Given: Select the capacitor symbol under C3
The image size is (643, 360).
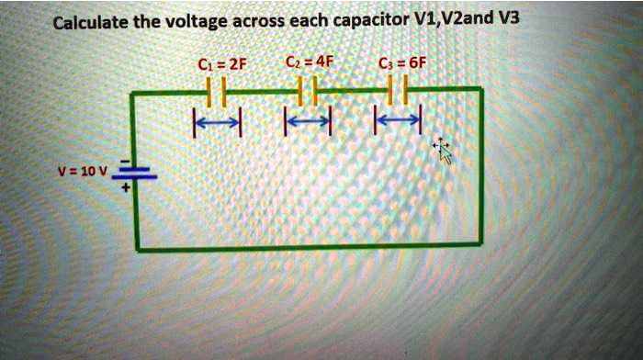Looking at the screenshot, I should click(x=397, y=90).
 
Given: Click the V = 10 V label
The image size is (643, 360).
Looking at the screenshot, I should click(x=83, y=172).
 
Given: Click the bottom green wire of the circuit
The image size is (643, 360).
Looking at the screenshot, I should click(x=308, y=246).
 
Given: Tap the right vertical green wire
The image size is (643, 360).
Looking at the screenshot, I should click(x=480, y=165).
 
